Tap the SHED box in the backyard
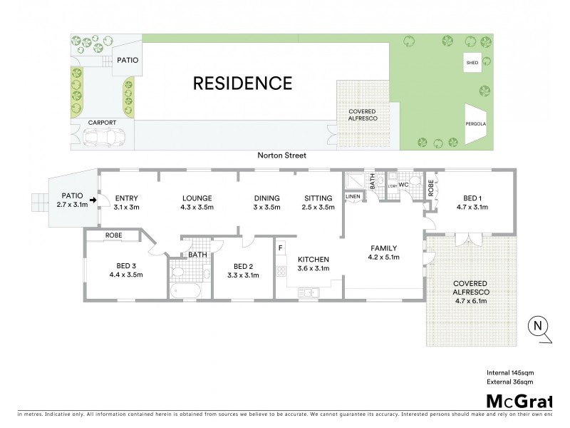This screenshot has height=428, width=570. tap(472, 63)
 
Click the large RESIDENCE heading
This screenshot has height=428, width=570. tap(243, 83)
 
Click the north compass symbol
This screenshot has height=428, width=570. tap(538, 327)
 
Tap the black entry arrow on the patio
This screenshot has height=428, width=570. tap(92, 200)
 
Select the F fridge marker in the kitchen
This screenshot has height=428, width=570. tap(281, 248)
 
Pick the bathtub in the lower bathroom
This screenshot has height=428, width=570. tap(186, 291)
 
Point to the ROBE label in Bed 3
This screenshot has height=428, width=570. tap(114, 235)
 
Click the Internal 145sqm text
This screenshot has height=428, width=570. tap(510, 372)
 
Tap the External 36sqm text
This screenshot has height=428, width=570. tap(509, 383)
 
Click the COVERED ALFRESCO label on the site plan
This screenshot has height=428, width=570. tap(363, 116)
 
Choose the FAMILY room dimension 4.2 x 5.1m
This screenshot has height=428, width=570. tap(383, 258)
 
